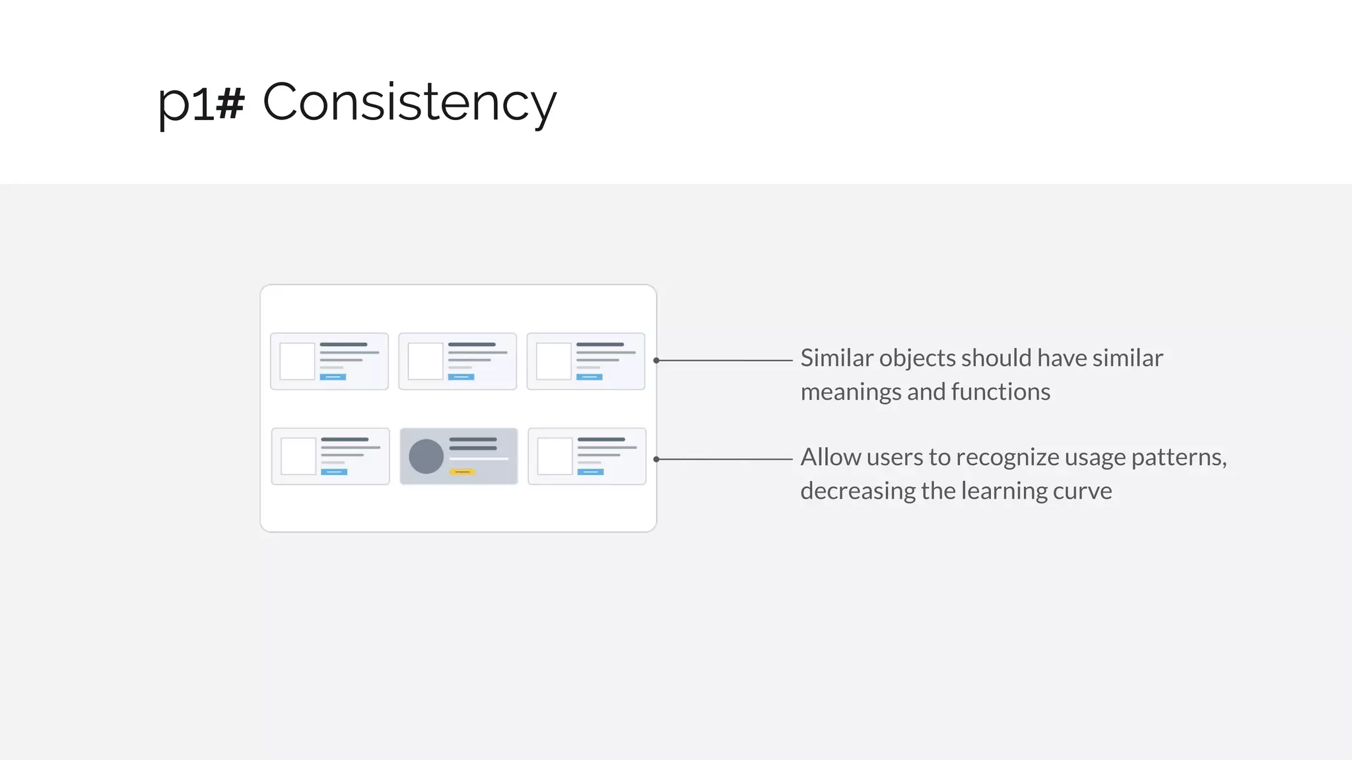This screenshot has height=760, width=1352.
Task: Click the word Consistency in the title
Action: click(x=409, y=102)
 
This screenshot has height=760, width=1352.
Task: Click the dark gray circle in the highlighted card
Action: click(x=426, y=457)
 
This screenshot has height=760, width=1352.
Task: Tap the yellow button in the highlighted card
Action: click(x=462, y=472)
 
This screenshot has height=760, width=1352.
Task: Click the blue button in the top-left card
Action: click(x=333, y=377)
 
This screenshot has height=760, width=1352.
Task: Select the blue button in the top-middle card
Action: click(x=461, y=377)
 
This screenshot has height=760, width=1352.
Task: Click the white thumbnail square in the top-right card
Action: click(x=553, y=361)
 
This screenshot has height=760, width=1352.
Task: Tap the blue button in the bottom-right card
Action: click(x=590, y=472)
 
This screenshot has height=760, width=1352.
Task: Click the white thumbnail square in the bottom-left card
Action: click(x=298, y=456)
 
